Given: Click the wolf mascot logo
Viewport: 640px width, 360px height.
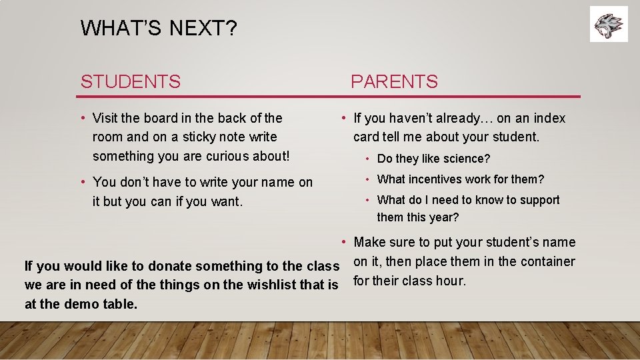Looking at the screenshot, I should click(x=609, y=24).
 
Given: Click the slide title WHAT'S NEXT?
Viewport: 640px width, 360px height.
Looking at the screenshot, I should click(x=159, y=28).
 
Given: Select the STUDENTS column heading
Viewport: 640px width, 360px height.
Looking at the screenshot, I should click(x=131, y=82).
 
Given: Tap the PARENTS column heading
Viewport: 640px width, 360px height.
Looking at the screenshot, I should click(x=394, y=82).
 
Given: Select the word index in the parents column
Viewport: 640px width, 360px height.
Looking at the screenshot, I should click(x=549, y=118).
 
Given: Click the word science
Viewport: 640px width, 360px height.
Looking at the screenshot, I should click(x=464, y=159).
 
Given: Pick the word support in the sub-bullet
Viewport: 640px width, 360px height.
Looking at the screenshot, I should click(x=538, y=200).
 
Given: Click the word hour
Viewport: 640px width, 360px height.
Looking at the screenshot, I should click(x=451, y=281).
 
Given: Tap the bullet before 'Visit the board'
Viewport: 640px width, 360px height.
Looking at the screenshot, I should click(x=84, y=119).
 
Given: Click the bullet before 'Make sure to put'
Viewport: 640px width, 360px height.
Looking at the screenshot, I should click(x=343, y=241).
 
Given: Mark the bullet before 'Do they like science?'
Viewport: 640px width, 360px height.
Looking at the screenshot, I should click(x=367, y=159).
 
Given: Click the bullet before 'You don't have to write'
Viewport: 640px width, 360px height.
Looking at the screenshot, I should click(x=84, y=181).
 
